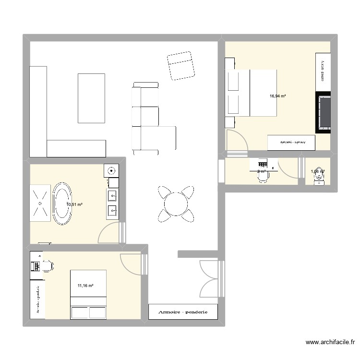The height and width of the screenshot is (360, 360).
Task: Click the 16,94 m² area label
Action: click(x=278, y=96)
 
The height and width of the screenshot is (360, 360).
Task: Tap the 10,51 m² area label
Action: click(x=74, y=204)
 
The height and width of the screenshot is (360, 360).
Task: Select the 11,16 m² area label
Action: click(x=85, y=286)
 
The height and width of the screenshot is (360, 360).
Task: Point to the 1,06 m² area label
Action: click(x=317, y=171)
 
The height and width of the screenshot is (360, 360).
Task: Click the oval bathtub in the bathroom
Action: click(x=61, y=204)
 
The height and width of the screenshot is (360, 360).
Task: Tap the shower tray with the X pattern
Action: click(x=40, y=203)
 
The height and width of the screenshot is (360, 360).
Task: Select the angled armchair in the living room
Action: click(x=181, y=66)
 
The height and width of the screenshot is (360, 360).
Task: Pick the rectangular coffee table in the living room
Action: click(x=91, y=98)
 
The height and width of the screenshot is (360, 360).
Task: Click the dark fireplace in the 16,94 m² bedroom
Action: click(x=323, y=112)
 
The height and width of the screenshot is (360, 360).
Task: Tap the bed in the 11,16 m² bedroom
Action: click(x=88, y=295)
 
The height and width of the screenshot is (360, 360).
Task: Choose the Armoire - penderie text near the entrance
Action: click(x=183, y=312)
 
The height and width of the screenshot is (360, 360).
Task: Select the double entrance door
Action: click(x=209, y=277)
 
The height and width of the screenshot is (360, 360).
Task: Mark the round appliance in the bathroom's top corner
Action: click(x=111, y=170)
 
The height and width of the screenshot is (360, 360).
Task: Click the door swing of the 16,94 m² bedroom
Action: click(x=237, y=140)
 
